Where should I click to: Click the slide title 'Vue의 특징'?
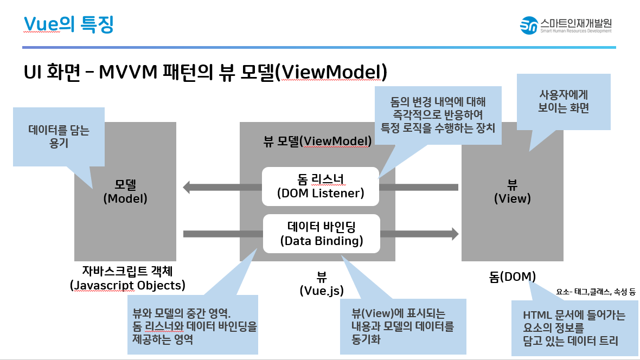[69, 24]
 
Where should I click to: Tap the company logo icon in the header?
[528, 24]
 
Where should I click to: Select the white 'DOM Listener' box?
[320, 186]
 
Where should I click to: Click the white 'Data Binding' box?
[321, 234]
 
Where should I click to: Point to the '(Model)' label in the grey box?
[125, 198]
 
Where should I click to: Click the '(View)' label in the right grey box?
[512, 198]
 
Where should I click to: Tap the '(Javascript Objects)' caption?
[127, 285]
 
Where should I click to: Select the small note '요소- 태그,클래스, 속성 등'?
[595, 292]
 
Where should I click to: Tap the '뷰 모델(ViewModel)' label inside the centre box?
[317, 142]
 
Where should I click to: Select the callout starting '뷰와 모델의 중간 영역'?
[192, 325]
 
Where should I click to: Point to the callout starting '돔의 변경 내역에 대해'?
[438, 114]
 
